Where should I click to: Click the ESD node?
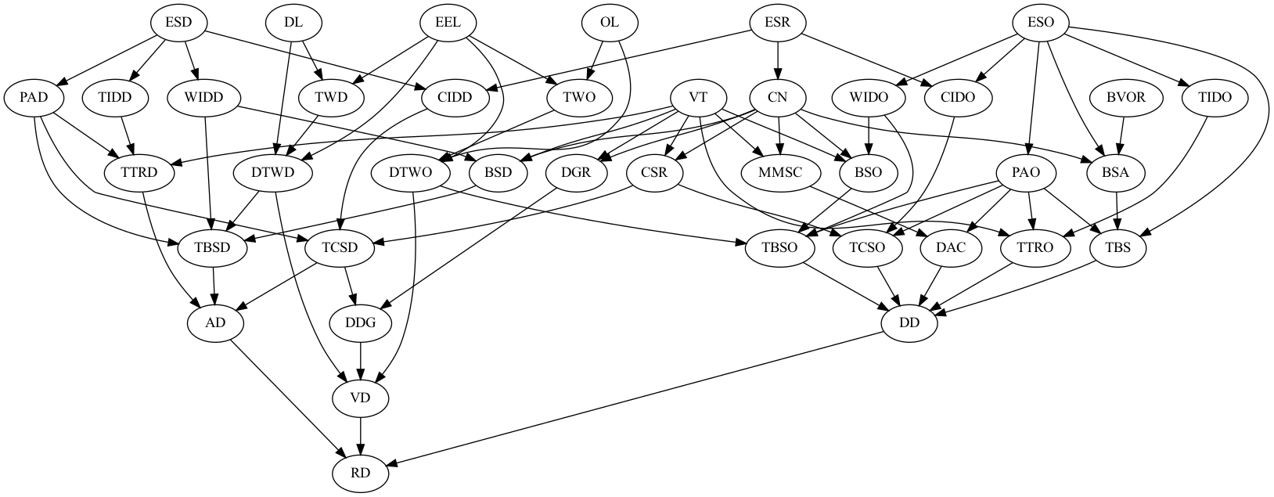click(178, 22)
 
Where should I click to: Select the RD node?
click(361, 473)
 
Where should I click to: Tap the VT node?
click(699, 98)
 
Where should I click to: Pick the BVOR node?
click(1125, 98)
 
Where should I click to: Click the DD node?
click(909, 322)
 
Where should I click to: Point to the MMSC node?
click(780, 173)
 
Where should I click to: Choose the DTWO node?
click(410, 173)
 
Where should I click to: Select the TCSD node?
click(340, 248)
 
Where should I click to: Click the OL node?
click(610, 22)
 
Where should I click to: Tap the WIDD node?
click(206, 98)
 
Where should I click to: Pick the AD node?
click(215, 322)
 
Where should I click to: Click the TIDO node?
click(1214, 98)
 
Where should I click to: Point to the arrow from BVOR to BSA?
click(1121, 135)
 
